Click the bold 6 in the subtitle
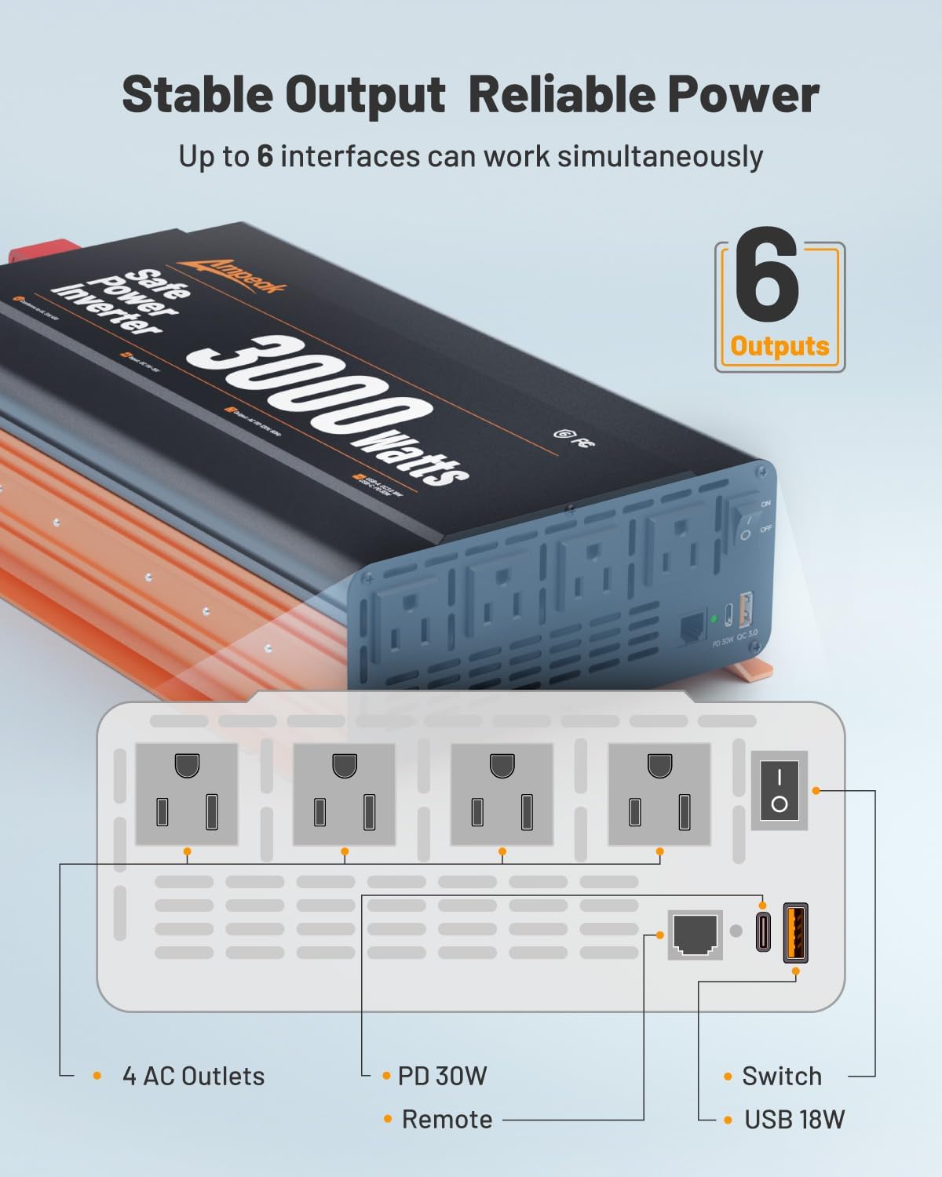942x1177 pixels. click(x=265, y=156)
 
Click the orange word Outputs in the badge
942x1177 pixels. click(x=780, y=346)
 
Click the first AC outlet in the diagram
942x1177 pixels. click(x=187, y=794)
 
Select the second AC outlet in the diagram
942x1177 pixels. click(x=344, y=794)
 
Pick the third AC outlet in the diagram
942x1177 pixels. click(x=502, y=794)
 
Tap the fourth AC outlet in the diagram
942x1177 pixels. click(x=659, y=794)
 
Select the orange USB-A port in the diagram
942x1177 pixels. click(x=795, y=932)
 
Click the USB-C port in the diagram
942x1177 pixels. click(x=763, y=932)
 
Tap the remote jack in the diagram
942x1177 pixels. click(x=695, y=935)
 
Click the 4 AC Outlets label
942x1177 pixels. click(x=193, y=1076)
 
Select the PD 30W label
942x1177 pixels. click(x=442, y=1076)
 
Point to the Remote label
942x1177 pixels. click(x=447, y=1119)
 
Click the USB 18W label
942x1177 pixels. click(x=794, y=1119)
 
